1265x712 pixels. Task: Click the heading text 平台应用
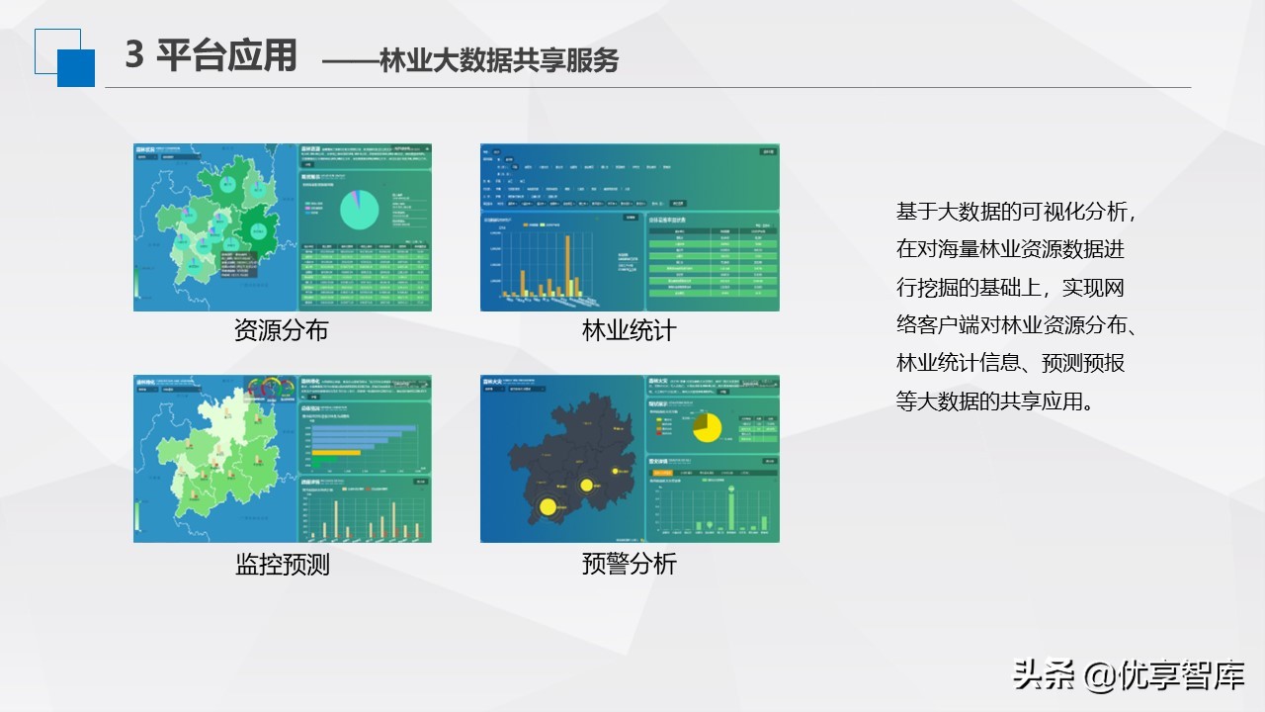(226, 56)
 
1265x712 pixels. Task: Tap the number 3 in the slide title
(135, 56)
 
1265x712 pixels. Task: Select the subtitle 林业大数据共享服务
(499, 60)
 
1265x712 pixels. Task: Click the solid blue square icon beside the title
(76, 67)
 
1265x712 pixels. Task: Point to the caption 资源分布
(282, 330)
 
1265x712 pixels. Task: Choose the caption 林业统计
(630, 330)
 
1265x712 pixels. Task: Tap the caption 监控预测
(282, 564)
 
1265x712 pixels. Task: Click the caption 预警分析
(630, 564)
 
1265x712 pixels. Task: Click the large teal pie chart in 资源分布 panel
(361, 209)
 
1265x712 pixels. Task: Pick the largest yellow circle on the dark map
(548, 507)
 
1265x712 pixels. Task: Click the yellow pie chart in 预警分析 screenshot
(706, 426)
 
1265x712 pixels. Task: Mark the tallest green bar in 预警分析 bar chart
(732, 509)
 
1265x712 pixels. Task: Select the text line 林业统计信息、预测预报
(1010, 363)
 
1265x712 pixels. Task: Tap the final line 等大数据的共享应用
(995, 400)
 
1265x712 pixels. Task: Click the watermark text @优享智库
(1163, 675)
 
